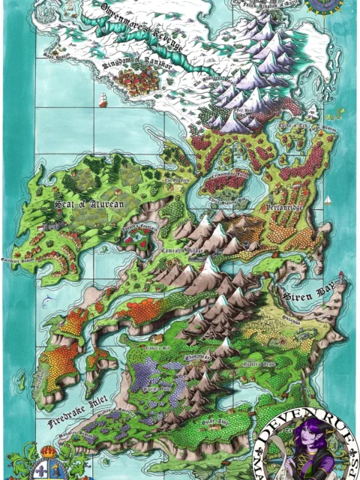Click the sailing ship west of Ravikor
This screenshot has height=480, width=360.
pyautogui.click(x=102, y=98)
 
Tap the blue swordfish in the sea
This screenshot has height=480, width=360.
pyautogui.click(x=49, y=301)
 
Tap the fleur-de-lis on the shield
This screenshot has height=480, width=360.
pyautogui.click(x=42, y=469)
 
